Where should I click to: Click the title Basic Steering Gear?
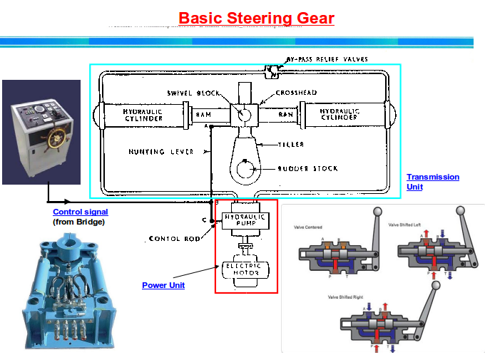pyautogui.click(x=256, y=18)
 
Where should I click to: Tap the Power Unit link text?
pyautogui.click(x=163, y=285)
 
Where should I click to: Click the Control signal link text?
pyautogui.click(x=81, y=212)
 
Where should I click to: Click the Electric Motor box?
pyautogui.click(x=244, y=269)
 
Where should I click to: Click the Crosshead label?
pyautogui.click(x=295, y=93)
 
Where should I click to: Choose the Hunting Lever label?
pyautogui.click(x=156, y=151)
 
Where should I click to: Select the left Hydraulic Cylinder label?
pyautogui.click(x=143, y=115)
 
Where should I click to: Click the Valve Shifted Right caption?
pyautogui.click(x=347, y=297)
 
